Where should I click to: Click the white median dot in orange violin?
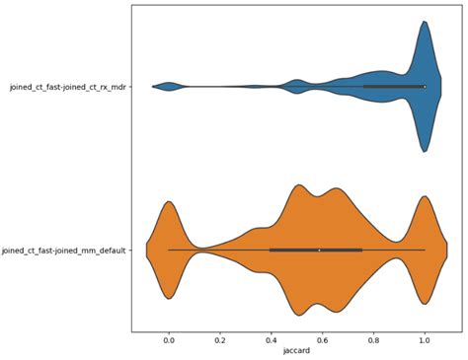(x=319, y=250)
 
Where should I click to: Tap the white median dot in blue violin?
(x=424, y=87)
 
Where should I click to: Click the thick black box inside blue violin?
(x=393, y=87)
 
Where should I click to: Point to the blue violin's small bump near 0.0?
(x=169, y=87)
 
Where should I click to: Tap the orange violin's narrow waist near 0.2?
(x=208, y=250)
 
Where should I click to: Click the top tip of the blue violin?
(x=425, y=22)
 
